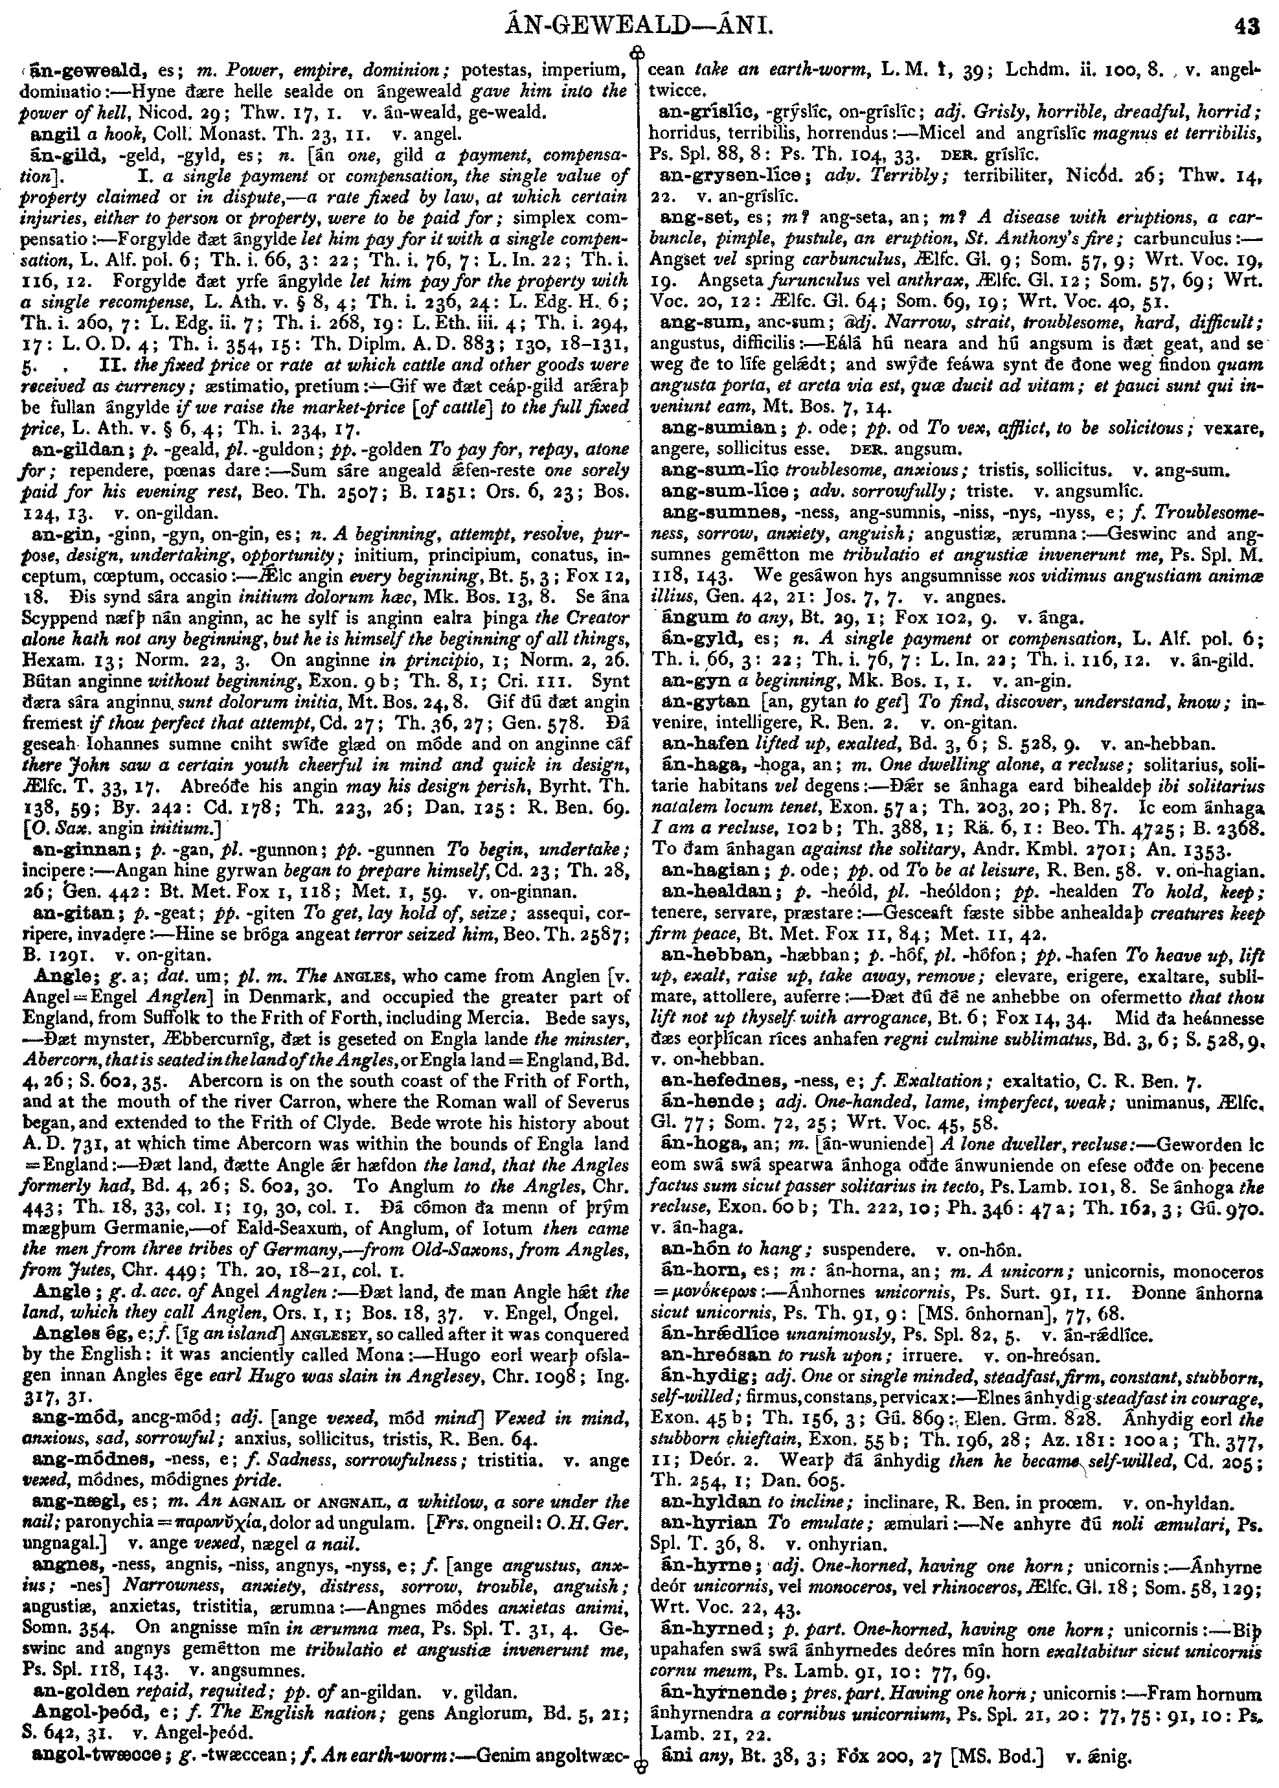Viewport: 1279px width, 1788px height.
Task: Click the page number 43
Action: click(1247, 29)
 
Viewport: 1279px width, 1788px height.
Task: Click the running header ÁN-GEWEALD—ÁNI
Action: click(640, 29)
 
